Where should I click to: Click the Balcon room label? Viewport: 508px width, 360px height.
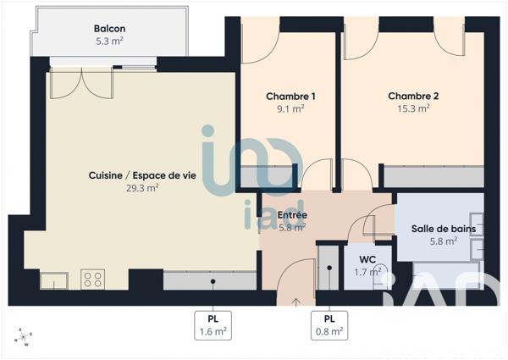coord(110,28)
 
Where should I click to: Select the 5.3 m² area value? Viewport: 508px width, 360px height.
coord(110,40)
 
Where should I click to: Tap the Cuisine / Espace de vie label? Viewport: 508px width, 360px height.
coord(135,175)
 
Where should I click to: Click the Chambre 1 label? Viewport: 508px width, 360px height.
coord(290,97)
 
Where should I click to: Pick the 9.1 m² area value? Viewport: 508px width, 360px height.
coord(290,108)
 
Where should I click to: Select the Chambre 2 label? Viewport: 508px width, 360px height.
coord(412,96)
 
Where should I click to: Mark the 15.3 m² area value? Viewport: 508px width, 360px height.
coord(412,108)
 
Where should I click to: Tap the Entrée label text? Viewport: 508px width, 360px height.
coord(293,215)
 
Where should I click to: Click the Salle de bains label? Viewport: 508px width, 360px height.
coord(443,229)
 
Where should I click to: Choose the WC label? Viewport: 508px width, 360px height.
coord(367,259)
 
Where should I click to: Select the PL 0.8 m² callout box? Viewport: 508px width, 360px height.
coord(329,324)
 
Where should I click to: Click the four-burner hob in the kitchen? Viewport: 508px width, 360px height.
coord(92,278)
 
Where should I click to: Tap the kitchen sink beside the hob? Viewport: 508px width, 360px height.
coord(53,280)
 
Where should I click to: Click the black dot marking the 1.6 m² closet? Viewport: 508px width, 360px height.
coord(213,281)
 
